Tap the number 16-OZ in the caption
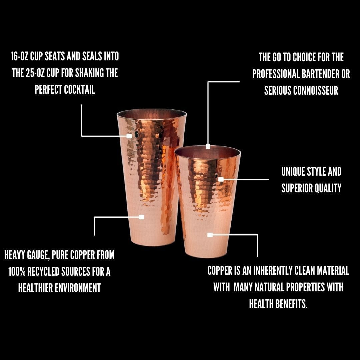pyautogui.click(x=20, y=56)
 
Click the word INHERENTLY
pyautogui.click(x=273, y=270)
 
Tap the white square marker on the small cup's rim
pyautogui.click(x=208, y=146)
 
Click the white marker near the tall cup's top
pyautogui.click(x=129, y=136)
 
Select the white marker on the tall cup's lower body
pyautogui.click(x=141, y=217)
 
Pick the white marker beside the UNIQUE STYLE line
pyautogui.click(x=221, y=179)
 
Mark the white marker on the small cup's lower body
pyautogui.click(x=210, y=235)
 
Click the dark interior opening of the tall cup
pyautogui.click(x=152, y=114)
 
